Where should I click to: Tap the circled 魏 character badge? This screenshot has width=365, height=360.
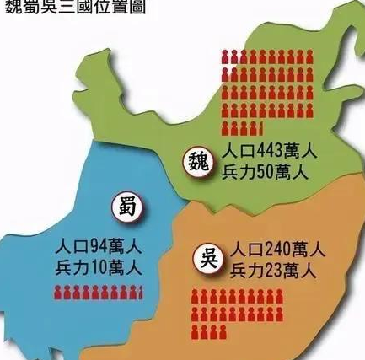point(198,159)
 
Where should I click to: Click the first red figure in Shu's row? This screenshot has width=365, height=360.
point(58,293)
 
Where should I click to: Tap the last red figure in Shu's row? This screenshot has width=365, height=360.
point(141,293)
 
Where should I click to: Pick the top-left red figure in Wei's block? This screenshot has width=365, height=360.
point(226,57)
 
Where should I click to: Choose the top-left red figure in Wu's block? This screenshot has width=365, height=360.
point(196,297)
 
